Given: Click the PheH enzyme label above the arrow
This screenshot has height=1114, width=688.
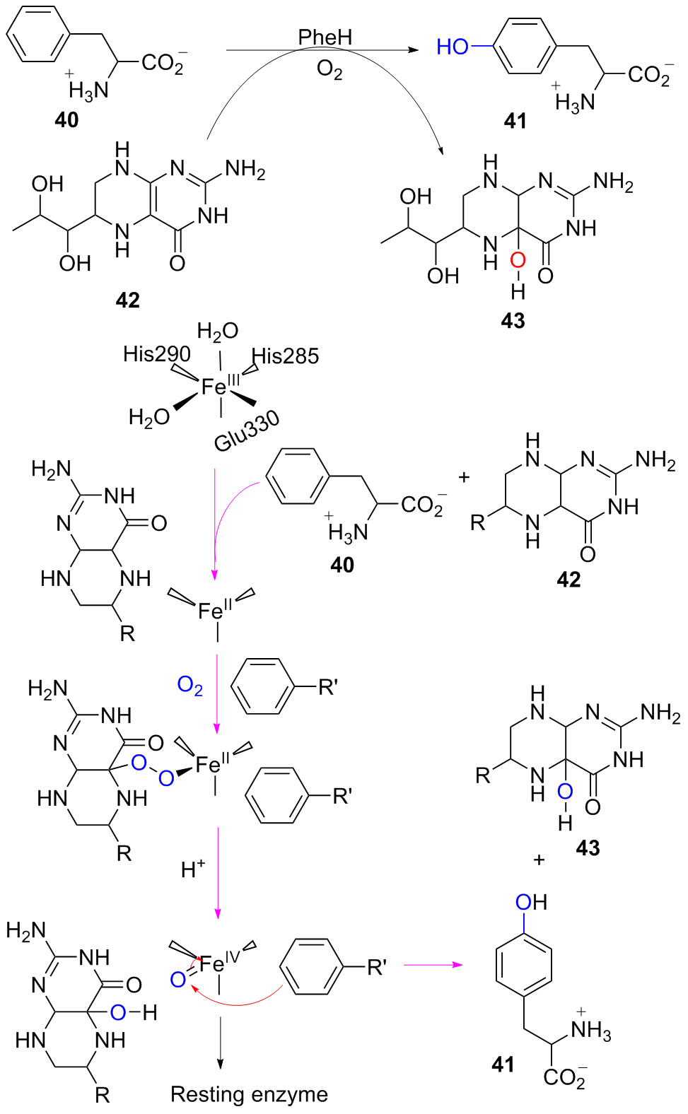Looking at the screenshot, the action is coord(325,37).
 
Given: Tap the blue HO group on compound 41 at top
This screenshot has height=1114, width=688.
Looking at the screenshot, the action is coord(453,47).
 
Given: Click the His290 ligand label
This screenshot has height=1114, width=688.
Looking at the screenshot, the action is coord(157,354).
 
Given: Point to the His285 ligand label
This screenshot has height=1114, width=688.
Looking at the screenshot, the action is coord(286,356).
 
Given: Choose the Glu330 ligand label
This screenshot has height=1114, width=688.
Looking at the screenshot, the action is coord(247,432).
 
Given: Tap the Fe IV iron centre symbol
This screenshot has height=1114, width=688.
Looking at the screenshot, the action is coord(219,964).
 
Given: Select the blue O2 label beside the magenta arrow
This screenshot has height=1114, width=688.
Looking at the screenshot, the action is coord(190,686).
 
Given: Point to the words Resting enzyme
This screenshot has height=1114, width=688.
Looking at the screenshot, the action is coord(249,1094).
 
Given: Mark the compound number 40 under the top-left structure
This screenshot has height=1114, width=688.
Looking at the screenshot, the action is coord(66,120).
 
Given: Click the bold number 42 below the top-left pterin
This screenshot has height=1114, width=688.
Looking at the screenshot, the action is coord(128,300).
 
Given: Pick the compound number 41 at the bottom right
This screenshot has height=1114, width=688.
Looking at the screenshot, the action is coord(503,1065).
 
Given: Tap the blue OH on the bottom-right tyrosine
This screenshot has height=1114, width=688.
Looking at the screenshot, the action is coord(531,902).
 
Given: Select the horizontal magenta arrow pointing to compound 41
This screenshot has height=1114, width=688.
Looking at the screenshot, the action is coord(433,966).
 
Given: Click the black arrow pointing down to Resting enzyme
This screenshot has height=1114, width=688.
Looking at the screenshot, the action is coord(219,1042).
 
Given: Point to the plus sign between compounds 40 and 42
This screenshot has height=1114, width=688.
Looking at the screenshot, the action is coord(464,477).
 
